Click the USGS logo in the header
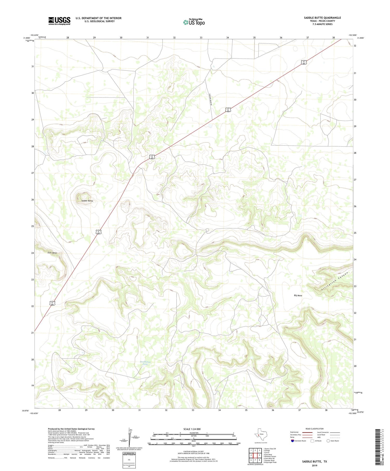click(59, 21)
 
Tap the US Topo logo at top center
click(194, 22)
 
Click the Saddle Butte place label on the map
click(87, 201)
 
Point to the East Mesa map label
click(52, 253)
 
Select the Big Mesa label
click(298, 295)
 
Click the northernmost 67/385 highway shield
click(304, 62)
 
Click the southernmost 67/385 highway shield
click(53, 303)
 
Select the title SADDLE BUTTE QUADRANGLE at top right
click(322, 18)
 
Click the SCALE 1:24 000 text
click(192, 429)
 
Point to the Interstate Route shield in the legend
click(292, 441)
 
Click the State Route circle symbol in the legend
click(328, 441)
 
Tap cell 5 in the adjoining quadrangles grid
click(259, 455)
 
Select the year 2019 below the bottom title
click(314, 466)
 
